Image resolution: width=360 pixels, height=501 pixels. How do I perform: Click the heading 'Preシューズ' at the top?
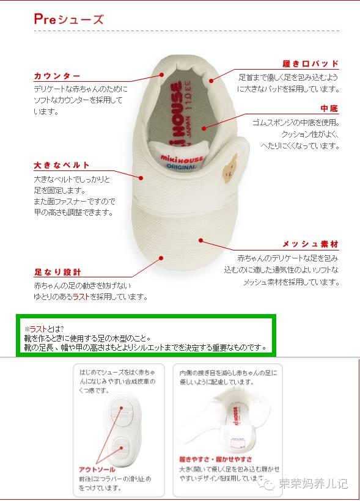click(68, 20)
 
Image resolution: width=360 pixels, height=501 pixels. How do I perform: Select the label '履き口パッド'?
click(310, 64)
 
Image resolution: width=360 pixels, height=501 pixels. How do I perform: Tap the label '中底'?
click(329, 109)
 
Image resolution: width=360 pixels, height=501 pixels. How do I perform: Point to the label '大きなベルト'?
click(62, 165)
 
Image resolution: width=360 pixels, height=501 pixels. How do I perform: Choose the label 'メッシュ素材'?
click(310, 244)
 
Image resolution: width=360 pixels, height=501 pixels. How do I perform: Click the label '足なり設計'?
click(57, 272)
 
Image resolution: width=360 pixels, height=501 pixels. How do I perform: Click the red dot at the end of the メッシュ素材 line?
click(200, 240)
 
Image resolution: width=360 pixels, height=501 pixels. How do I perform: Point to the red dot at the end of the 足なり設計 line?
click(161, 258)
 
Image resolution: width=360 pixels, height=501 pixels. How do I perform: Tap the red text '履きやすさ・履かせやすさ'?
click(216, 459)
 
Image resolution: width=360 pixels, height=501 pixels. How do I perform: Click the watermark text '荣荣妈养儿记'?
click(313, 484)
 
